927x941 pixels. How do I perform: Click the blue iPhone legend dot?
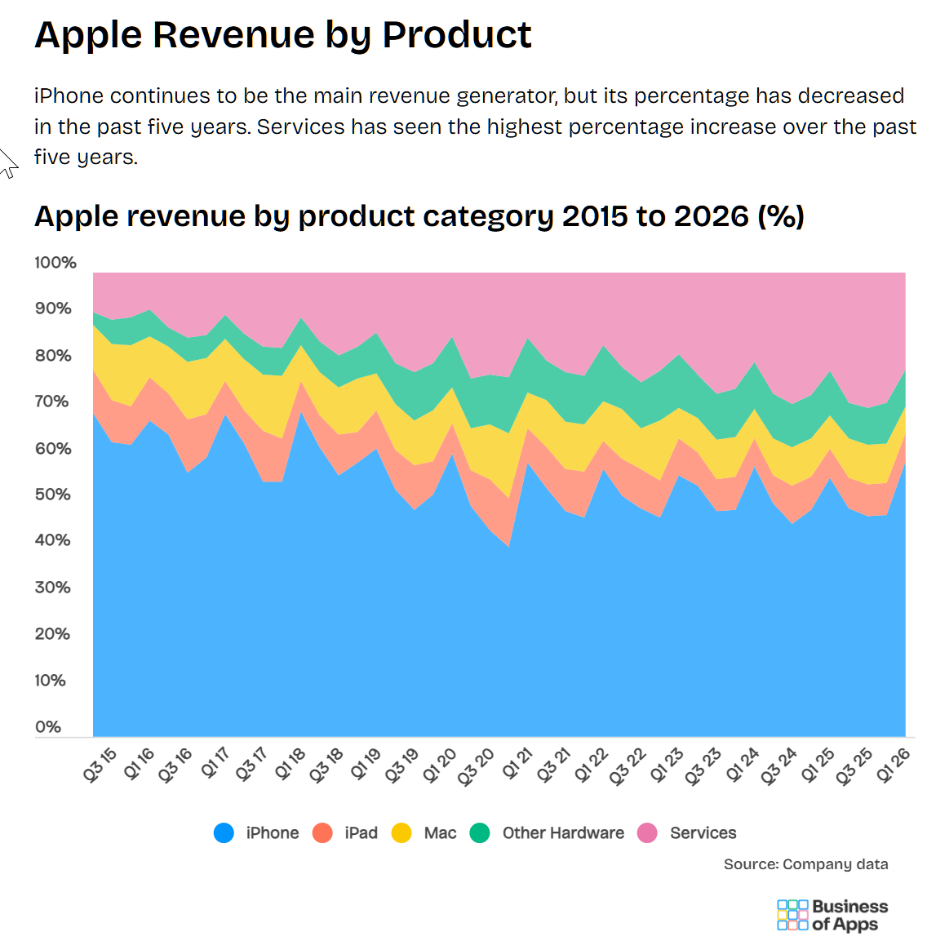pos(224,833)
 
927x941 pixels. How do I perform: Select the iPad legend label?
pos(361,833)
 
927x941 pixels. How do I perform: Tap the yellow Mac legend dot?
pos(401,833)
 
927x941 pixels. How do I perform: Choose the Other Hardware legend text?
pos(563,833)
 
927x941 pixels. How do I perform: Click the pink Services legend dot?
pos(647,833)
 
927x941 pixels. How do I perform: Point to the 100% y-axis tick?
pos(55,262)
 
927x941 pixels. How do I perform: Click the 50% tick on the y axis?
pos(53,495)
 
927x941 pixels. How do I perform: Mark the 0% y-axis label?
pos(48,726)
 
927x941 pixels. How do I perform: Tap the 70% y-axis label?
pos(52,402)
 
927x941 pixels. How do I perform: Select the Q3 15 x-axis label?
pos(100,765)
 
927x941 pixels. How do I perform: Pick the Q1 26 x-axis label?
pos(893,765)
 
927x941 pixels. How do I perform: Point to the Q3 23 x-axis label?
pos(703,766)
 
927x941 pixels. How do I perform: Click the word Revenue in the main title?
pos(234,34)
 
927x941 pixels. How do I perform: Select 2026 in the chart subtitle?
pos(712,216)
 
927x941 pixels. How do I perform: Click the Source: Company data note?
pos(805,864)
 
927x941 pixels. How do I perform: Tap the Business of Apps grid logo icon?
pos(792,915)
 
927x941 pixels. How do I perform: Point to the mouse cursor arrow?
pos(7,163)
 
